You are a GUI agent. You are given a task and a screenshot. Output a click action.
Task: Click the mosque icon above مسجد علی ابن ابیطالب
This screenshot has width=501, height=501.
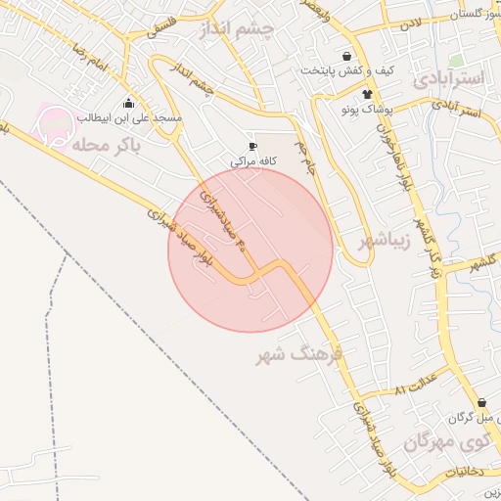point(128,104)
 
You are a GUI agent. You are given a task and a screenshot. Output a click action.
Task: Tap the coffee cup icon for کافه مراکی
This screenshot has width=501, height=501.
point(253,145)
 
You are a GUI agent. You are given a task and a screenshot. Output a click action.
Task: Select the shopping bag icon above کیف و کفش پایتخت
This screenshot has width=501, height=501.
point(347,56)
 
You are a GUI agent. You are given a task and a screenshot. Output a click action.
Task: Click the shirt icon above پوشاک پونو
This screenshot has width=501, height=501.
point(368,95)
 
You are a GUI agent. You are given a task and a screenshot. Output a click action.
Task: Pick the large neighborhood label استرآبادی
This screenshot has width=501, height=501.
point(449,78)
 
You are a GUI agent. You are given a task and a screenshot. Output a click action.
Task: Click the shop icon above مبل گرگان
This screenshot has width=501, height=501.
point(480,403)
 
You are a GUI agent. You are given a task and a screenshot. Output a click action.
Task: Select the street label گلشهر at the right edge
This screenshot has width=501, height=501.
point(483,264)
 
